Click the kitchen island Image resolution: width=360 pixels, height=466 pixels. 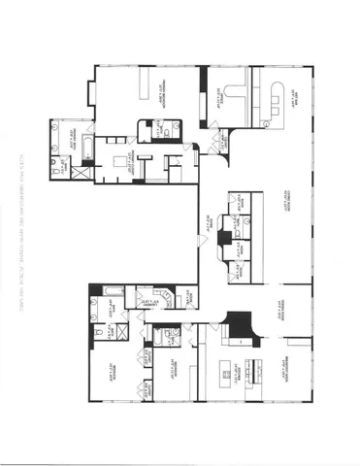[232, 368]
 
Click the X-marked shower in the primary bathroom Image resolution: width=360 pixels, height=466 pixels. [81, 173]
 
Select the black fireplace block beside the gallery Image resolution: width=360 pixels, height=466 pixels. [225, 238]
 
